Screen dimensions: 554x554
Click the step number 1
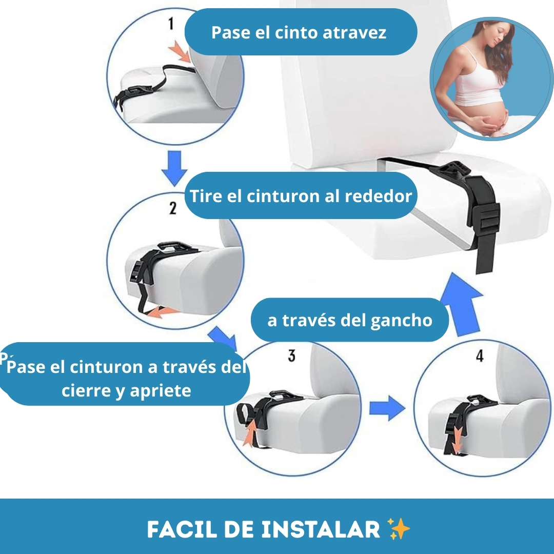point(171,24)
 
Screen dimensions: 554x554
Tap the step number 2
point(173,208)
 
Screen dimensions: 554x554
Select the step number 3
point(291,355)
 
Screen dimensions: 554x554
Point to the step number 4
point(480,356)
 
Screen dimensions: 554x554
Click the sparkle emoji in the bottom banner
point(398,529)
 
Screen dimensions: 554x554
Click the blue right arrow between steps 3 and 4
point(387,408)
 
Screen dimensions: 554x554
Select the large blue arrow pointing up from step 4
point(461,304)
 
